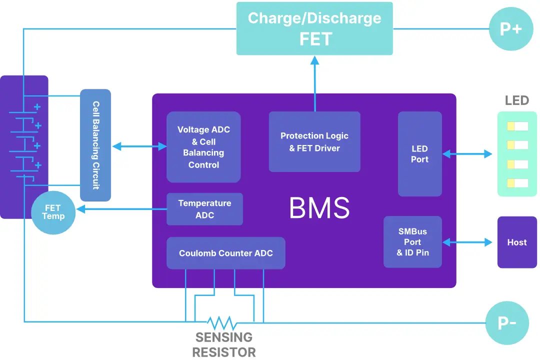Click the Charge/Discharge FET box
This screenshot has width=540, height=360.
314,28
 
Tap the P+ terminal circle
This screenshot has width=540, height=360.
510,29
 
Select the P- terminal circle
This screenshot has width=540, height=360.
507,323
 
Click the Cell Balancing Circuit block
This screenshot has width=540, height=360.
95,145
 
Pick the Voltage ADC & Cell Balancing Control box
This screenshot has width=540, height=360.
203,147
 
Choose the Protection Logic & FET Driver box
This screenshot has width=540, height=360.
314,142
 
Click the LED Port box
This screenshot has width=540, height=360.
419,154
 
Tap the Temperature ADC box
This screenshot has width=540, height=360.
204,209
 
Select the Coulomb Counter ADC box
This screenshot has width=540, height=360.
226,253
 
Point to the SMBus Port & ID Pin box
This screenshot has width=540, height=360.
412,242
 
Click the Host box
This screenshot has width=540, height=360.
516,242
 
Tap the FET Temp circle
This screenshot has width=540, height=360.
53,212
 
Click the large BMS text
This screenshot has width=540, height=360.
319,208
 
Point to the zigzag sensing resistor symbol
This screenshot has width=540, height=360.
222,322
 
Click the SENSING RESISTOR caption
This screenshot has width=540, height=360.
224,344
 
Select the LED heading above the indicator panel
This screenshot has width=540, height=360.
516,100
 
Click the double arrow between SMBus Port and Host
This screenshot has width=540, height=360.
467,242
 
